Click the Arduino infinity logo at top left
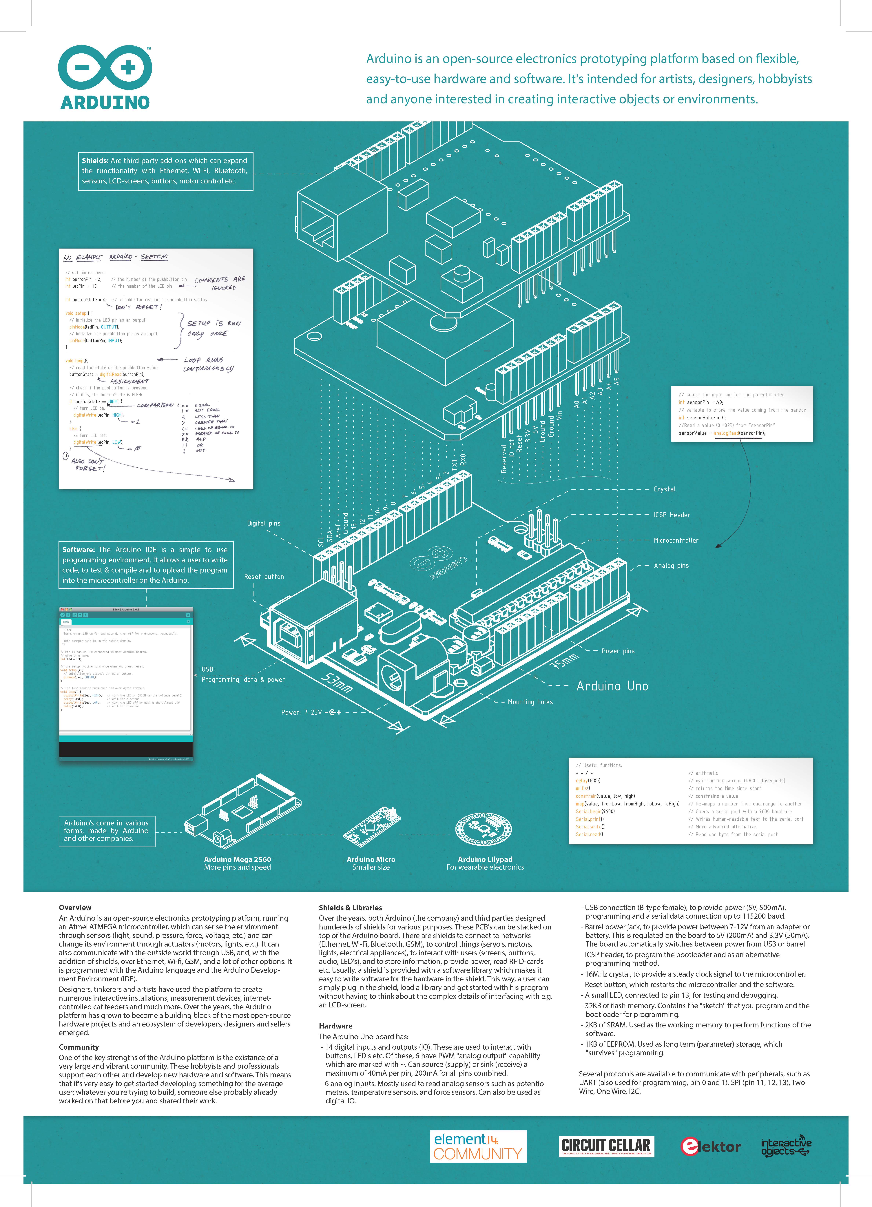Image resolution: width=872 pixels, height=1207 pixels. (x=105, y=67)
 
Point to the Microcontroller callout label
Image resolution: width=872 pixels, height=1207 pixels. (x=676, y=540)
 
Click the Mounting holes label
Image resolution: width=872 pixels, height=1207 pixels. (x=530, y=702)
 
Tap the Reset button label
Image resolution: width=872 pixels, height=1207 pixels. (x=264, y=576)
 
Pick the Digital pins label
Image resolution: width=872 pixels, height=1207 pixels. (x=263, y=523)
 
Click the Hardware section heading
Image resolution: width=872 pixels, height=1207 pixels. (x=335, y=1026)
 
